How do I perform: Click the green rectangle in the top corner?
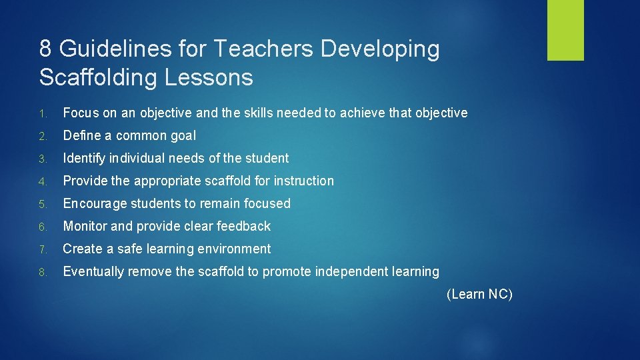coord(565,30)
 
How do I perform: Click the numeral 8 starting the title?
coord(46,49)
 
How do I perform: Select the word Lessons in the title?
coord(206,77)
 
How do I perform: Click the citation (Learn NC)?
coord(479,294)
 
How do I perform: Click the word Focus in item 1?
coord(79,113)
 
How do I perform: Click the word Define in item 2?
coord(80,135)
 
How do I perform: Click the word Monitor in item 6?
coord(85,226)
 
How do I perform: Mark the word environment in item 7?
coord(237,249)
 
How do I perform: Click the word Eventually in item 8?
coord(93,271)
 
